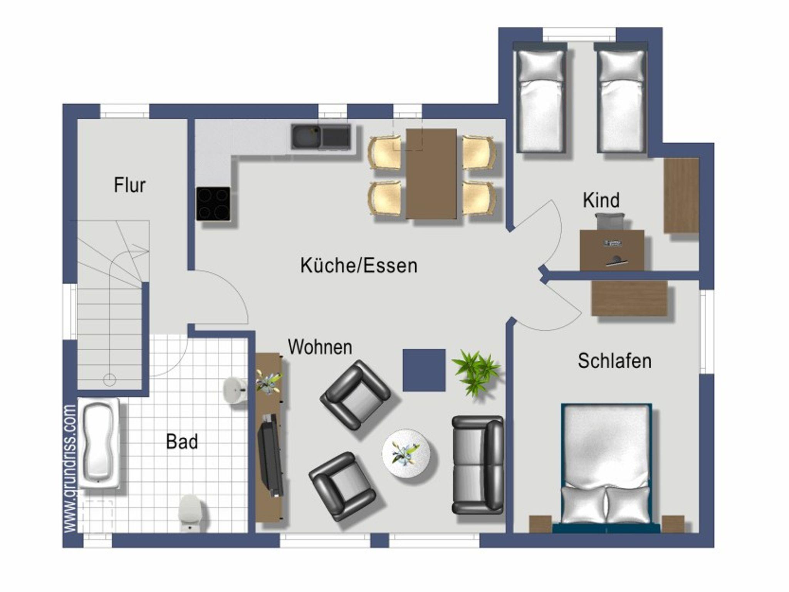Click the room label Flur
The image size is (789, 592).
tap(129, 185)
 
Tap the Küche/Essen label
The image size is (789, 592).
tap(359, 266)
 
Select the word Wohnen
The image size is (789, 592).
tap(320, 347)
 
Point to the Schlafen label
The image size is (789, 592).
tap(614, 361)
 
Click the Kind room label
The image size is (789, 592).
tap(601, 200)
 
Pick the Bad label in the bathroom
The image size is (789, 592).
tap(182, 441)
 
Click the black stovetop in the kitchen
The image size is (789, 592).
tap(213, 204)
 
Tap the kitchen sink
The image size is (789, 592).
tap(321, 136)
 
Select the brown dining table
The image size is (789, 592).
tap(431, 174)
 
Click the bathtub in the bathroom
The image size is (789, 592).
tap(99, 443)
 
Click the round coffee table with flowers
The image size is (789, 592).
tap(406, 453)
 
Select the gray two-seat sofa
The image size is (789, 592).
tap(478, 465)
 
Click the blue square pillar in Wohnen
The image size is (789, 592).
tap(424, 370)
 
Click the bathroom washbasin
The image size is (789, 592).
tap(235, 390)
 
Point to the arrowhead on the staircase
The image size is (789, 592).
tap(143, 251)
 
